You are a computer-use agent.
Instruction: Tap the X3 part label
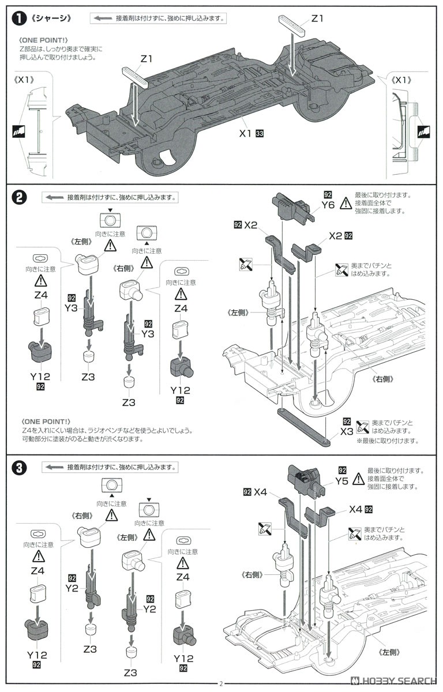click(347, 431)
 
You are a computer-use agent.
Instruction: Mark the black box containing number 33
click(260, 134)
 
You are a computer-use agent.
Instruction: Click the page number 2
click(221, 684)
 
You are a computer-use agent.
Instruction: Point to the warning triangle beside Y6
click(346, 204)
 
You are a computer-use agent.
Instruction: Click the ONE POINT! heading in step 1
click(44, 40)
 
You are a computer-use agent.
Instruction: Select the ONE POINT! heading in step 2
click(44, 421)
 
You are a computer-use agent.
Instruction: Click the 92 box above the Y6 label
click(328, 194)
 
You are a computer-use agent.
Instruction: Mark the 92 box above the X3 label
click(347, 421)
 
